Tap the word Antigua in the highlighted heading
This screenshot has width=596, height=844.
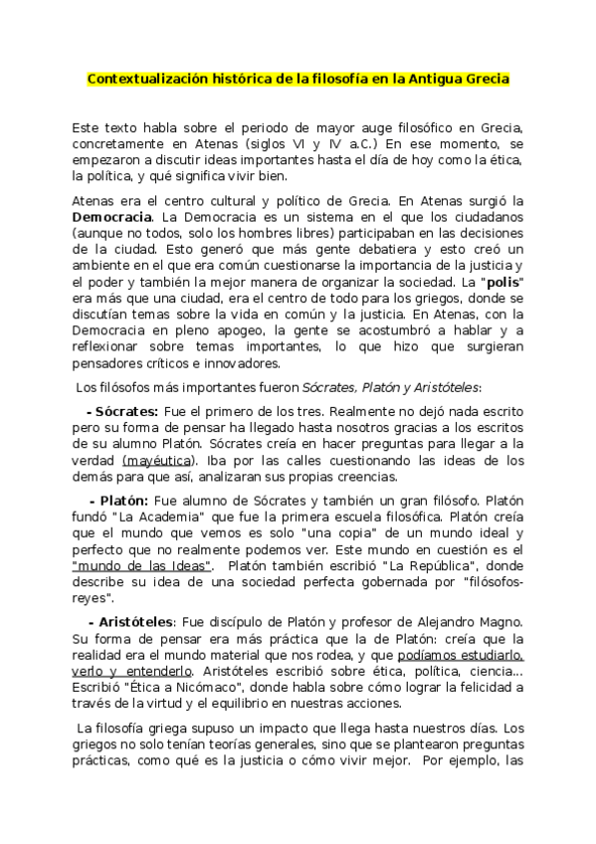point(438,78)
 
